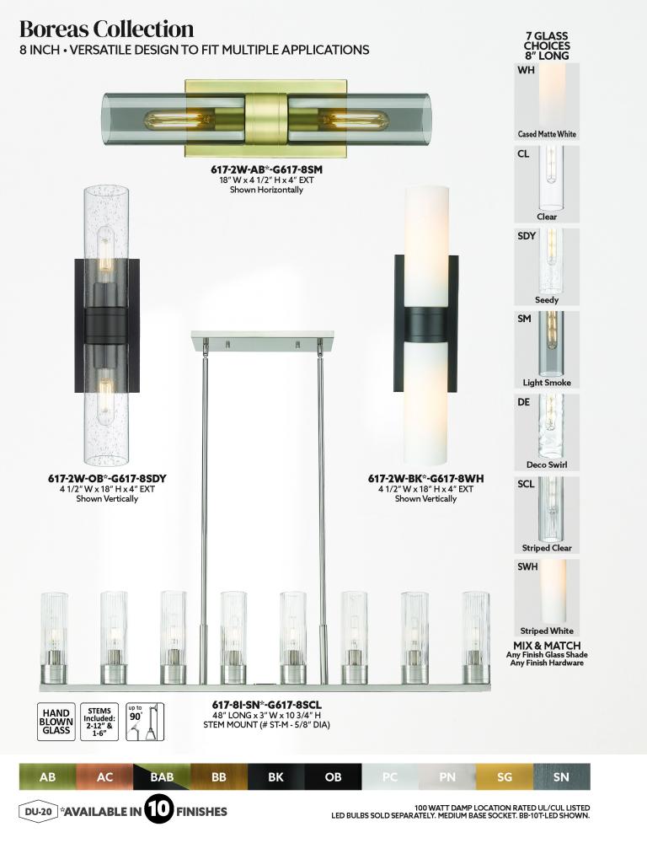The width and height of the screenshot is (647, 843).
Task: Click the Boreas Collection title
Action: pos(106,29)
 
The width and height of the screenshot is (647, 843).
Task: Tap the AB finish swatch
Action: pos(48,777)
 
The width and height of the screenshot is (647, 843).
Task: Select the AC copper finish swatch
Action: pos(104,777)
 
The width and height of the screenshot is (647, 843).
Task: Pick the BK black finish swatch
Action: pos(276,777)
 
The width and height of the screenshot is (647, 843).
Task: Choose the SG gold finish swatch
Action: pos(505,777)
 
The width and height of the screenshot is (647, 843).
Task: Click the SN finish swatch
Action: pos(562,777)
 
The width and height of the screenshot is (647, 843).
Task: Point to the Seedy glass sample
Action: pos(547,267)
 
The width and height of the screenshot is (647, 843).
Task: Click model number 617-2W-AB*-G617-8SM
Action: pos(266,170)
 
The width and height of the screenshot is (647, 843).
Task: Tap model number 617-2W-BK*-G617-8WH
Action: pos(425,479)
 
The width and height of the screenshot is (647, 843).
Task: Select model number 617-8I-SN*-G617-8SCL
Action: pos(266,705)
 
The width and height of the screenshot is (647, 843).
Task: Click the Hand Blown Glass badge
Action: pos(56,722)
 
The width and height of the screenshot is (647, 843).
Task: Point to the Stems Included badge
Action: pos(99,722)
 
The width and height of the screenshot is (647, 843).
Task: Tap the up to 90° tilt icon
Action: pos(145,722)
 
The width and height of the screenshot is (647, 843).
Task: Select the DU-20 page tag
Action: pos(38,811)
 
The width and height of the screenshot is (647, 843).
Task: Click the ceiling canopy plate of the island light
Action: pos(262,339)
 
